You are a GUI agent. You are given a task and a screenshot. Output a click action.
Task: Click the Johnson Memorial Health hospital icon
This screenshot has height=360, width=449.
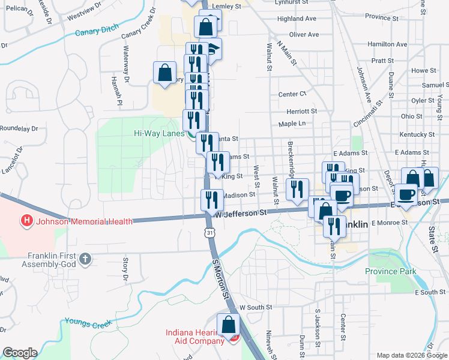point(26,221)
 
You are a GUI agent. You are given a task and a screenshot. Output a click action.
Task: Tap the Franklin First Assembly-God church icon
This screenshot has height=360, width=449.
point(85,259)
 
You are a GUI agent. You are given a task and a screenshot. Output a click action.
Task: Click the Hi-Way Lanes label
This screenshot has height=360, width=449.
point(158,134)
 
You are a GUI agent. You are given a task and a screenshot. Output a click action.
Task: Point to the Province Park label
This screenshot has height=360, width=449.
point(391,271)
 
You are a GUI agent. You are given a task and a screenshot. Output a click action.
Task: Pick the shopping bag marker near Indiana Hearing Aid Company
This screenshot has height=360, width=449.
point(229,325)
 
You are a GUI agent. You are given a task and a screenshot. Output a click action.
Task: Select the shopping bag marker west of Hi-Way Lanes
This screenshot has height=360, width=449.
point(164,73)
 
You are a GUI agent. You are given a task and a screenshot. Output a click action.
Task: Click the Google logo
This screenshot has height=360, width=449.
point(20,353)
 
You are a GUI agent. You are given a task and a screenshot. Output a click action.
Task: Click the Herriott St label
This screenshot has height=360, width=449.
point(301,111)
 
